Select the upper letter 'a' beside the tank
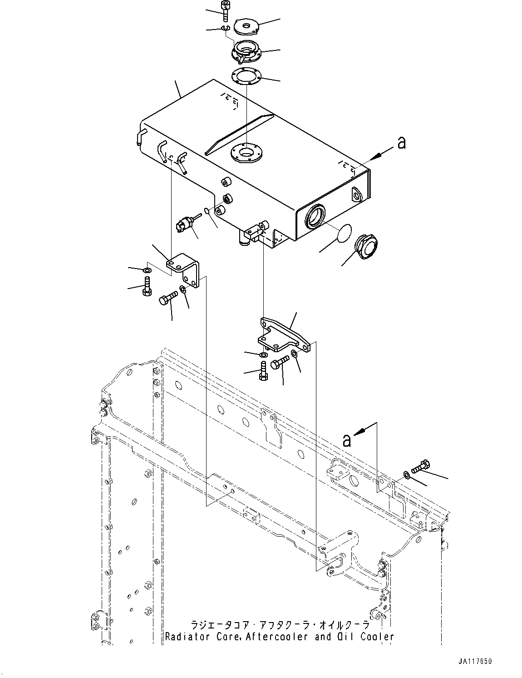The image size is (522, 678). click(x=401, y=143)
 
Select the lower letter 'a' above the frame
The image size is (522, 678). click(x=347, y=440)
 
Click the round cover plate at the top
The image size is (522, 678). click(x=246, y=26)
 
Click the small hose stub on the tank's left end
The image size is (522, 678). click(x=141, y=136)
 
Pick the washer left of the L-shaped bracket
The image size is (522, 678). click(x=147, y=271)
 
